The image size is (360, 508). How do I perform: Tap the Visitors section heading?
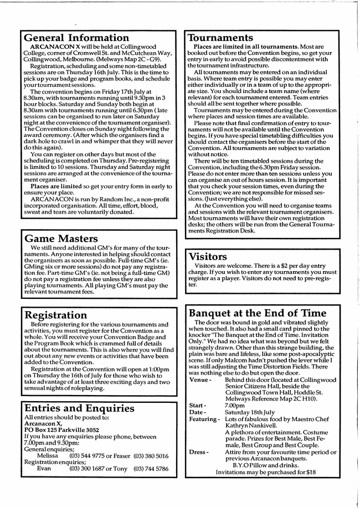(x=208, y=256)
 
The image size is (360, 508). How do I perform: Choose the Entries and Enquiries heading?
(x=79, y=408)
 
